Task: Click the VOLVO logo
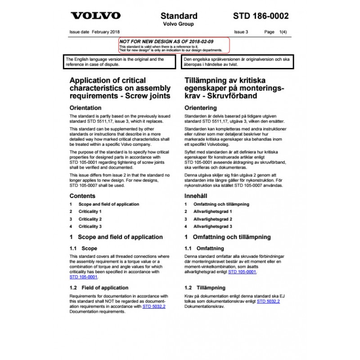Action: click(95, 16)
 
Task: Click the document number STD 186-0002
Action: click(261, 16)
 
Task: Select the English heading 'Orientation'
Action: click(85, 108)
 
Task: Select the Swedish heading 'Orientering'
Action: click(201, 108)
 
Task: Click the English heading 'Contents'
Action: click(82, 196)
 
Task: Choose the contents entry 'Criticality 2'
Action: click(90, 219)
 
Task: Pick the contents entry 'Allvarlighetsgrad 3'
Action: click(212, 226)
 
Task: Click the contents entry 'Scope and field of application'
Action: click(109, 204)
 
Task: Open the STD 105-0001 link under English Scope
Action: click(83, 277)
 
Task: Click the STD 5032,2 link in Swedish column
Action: click(268, 301)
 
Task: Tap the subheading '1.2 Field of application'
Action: click(99, 288)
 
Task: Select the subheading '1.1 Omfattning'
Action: click(204, 248)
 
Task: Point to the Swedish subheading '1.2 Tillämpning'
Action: click(205, 288)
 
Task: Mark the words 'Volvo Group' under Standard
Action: click(179, 24)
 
